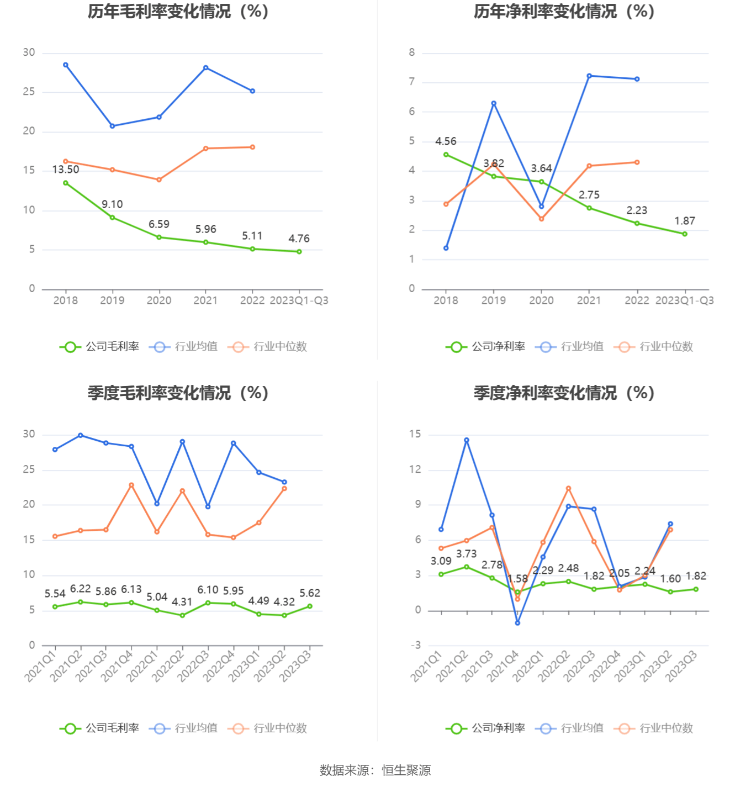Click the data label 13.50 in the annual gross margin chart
tap(66, 170)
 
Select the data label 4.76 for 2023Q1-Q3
tap(299, 239)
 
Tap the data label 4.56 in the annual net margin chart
tap(446, 141)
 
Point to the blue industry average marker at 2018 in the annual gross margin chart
tap(66, 65)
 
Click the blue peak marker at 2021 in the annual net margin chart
tap(589, 76)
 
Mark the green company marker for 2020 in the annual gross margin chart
tap(159, 237)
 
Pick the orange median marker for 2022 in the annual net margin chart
tap(637, 162)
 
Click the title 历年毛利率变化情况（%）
tap(178, 12)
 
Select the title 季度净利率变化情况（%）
tap(564, 393)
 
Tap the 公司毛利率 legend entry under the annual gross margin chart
tap(100, 347)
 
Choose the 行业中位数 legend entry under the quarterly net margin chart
tap(654, 728)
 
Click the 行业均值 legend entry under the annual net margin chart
tap(570, 347)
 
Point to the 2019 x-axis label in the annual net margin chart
tap(493, 300)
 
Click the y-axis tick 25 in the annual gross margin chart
tap(29, 92)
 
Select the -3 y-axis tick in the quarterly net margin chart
tap(415, 645)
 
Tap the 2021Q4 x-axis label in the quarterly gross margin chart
tap(117, 665)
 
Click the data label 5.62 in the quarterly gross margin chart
tap(310, 593)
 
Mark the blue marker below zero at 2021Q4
tap(517, 623)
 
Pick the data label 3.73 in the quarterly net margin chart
tap(466, 554)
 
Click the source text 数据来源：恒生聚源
tap(375, 770)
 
